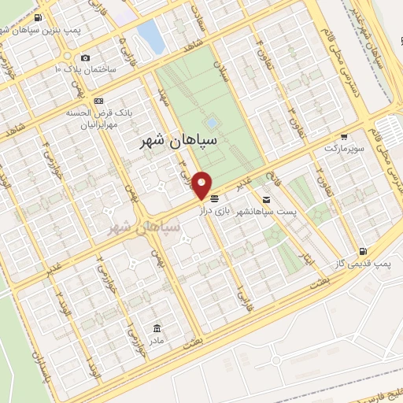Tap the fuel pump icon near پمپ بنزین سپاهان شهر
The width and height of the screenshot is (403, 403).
37,16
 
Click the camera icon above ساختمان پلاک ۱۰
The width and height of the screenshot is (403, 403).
85,57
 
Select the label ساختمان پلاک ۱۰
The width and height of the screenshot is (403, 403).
85,69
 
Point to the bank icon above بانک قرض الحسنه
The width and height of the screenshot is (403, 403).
98,101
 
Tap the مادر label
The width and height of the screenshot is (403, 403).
157,340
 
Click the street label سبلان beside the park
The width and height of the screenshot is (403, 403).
226,73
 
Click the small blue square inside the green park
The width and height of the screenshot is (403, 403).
210,123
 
